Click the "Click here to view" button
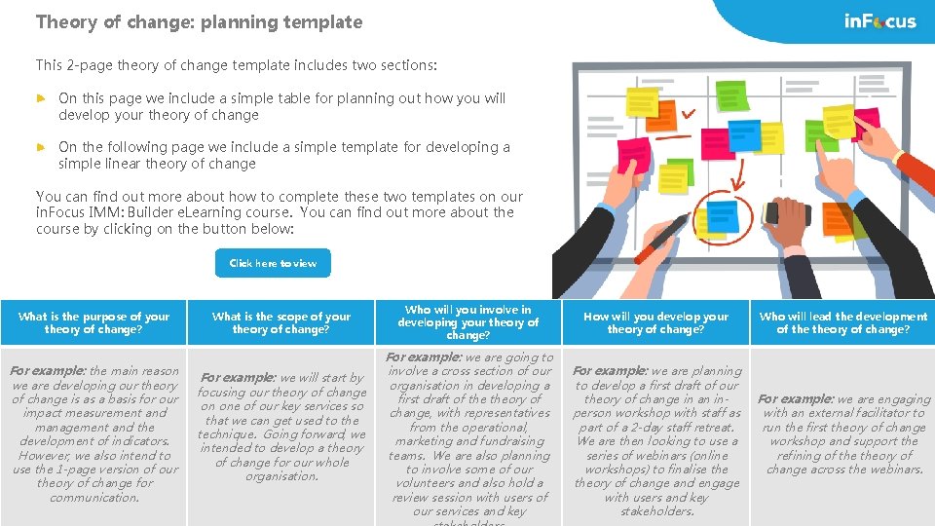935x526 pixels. [273, 263]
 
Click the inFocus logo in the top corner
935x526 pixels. [879, 21]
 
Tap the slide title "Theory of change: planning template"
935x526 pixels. [199, 21]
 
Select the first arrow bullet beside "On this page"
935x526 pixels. [41, 98]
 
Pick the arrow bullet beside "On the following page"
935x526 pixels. [41, 147]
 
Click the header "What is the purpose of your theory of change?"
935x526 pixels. [93, 322]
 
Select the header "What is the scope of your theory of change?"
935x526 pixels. [281, 322]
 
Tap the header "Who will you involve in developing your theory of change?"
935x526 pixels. [468, 322]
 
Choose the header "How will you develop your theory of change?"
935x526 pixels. [656, 322]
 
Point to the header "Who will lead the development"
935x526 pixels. [843, 322]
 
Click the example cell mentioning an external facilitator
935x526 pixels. [843, 434]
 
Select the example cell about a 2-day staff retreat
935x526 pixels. [656, 440]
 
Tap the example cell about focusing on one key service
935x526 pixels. [281, 427]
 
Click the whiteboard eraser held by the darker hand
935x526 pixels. [788, 213]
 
